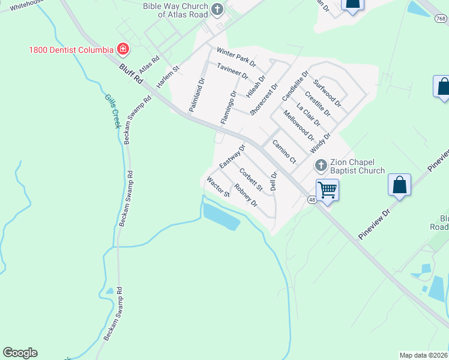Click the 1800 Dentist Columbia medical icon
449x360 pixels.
click(123, 49)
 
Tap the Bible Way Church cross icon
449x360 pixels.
click(217, 10)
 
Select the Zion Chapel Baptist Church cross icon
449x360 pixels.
click(321, 164)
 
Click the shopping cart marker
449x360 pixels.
click(327, 190)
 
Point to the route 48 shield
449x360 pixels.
click(312, 199)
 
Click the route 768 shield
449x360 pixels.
click(441, 19)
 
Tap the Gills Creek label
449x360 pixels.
click(112, 111)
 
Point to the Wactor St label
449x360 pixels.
click(218, 187)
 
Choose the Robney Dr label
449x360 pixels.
click(246, 195)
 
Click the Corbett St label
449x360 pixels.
click(251, 179)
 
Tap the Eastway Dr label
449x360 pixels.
click(233, 156)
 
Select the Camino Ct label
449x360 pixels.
click(284, 151)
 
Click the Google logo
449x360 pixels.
click(20, 353)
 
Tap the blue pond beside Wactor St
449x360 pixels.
click(221, 216)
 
